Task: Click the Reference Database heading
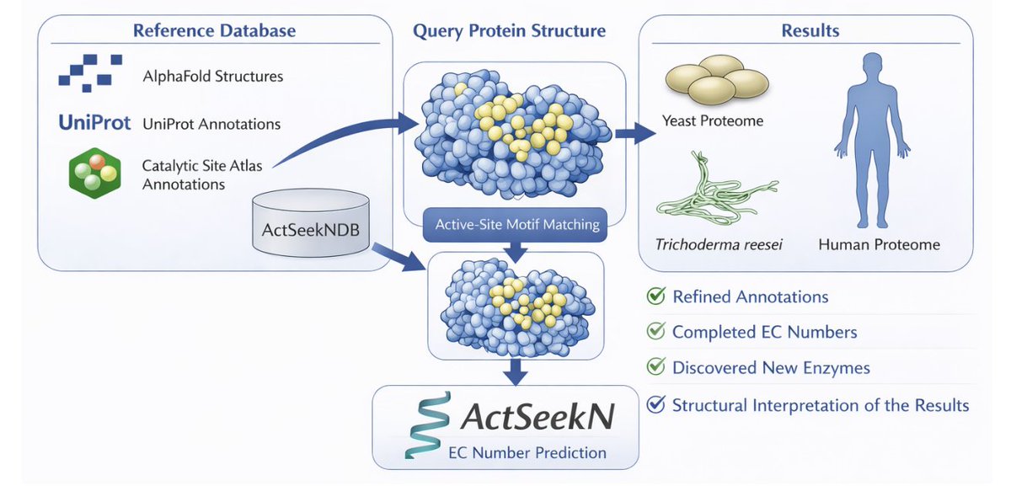[214, 30]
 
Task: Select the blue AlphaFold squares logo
[90, 73]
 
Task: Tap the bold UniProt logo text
[94, 123]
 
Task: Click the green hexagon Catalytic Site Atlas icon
[94, 174]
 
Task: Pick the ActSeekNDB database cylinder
[311, 223]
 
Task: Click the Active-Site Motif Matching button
[515, 225]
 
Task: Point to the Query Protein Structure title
[509, 31]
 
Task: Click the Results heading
[810, 30]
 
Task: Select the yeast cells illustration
[717, 79]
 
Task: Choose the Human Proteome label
[880, 244]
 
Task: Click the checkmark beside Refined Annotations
[655, 296]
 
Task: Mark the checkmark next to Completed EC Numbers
[655, 331]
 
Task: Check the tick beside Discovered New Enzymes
[655, 366]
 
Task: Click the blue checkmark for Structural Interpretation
[655, 404]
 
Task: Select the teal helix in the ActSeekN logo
[427, 425]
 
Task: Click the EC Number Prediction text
[527, 452]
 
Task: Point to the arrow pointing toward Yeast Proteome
[635, 133]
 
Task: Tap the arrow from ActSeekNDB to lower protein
[399, 256]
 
